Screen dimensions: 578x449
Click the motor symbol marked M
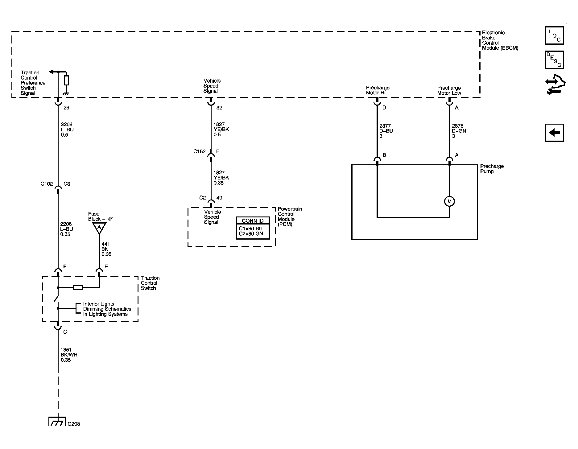coord(449,201)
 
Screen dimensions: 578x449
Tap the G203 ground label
coord(74,424)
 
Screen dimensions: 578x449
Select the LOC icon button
coord(554,35)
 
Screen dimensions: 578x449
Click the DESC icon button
coord(554,60)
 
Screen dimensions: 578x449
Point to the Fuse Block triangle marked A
coord(99,228)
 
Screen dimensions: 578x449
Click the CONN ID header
coord(253,221)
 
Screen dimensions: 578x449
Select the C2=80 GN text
coord(251,234)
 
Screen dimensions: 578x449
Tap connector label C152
coord(200,151)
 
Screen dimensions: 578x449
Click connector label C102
coord(47,184)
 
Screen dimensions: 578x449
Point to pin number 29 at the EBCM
coord(66,108)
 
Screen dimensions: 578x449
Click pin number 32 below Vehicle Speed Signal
coord(219,108)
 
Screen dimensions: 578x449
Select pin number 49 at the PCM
coord(219,198)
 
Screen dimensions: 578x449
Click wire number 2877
coord(385,126)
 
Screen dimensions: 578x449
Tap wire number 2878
coord(458,126)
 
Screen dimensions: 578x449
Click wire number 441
coord(106,244)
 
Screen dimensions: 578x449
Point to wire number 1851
coord(66,350)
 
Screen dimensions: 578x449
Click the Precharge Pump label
coord(492,169)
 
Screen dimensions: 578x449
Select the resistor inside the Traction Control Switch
coord(78,288)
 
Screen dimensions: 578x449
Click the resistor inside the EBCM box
coord(66,80)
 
